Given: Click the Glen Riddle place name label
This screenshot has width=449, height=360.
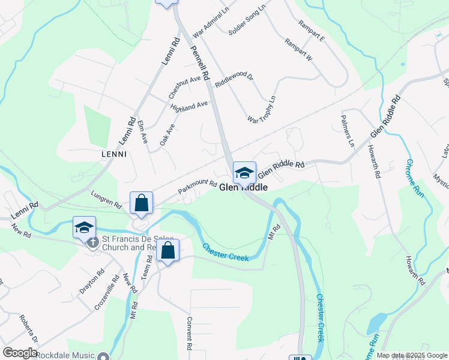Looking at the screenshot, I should coord(243,188).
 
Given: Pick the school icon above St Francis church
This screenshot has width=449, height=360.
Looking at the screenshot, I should coord(85,227).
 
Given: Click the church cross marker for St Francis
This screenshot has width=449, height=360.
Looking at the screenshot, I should coord(92,243).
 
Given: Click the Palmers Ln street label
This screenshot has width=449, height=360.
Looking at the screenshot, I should coord(347,131).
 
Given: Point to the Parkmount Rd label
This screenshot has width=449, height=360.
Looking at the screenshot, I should coord(197,187).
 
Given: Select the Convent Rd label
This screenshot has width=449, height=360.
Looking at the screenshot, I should coord(190,334).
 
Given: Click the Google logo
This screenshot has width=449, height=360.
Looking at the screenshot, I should coord(20,353).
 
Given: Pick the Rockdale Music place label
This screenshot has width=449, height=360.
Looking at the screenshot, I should coord(65,355).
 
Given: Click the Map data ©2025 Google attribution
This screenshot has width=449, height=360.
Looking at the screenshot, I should coord(411,355).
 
